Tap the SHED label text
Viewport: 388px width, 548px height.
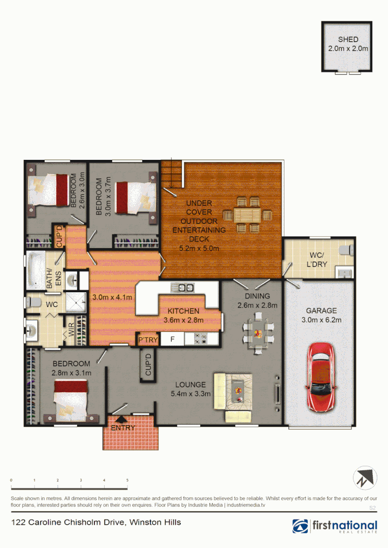click(x=348, y=40)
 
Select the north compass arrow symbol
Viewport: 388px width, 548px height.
click(x=366, y=477)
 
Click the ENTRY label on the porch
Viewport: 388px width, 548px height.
click(x=123, y=428)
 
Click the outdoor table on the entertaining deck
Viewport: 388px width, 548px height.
click(x=248, y=214)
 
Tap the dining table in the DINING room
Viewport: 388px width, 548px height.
click(x=257, y=333)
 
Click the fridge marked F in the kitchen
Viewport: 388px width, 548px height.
click(x=173, y=339)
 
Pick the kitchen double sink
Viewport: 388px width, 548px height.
click(x=182, y=288)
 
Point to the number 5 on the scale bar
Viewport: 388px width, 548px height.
click(x=127, y=481)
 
